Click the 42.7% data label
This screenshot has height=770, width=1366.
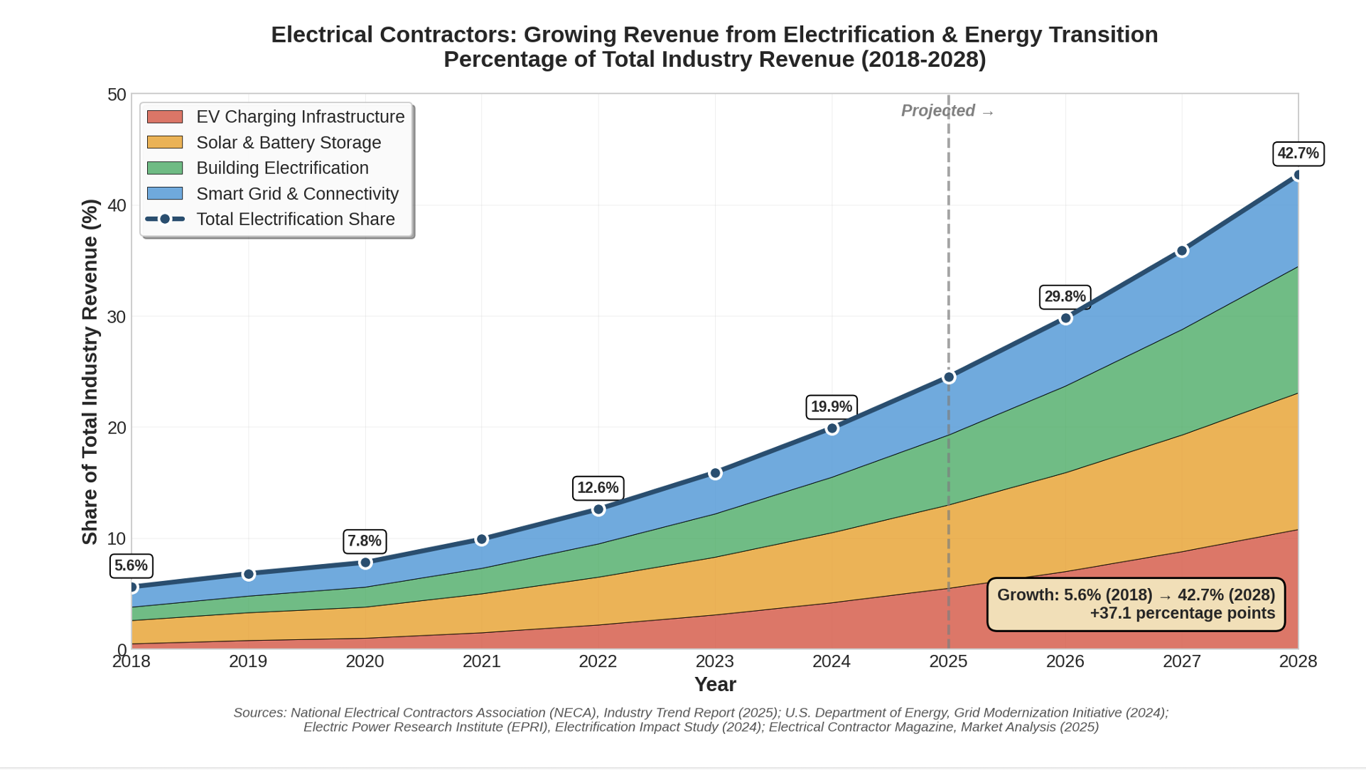point(1297,153)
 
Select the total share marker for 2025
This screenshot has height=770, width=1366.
point(948,377)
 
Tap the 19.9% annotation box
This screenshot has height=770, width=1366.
point(831,407)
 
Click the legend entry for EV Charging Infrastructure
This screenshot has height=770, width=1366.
point(300,116)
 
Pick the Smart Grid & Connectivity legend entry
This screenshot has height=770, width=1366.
point(296,194)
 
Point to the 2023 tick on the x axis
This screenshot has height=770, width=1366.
point(714,661)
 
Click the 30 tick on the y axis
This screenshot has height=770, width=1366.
point(117,317)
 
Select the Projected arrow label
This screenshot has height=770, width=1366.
point(947,111)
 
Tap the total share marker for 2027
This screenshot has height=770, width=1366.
point(1181,251)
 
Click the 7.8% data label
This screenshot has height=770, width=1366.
point(365,541)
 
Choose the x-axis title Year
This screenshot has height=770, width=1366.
point(714,684)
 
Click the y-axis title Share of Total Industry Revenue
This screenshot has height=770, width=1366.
point(90,372)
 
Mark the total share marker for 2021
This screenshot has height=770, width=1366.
point(481,540)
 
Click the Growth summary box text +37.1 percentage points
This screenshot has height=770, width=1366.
point(1182,614)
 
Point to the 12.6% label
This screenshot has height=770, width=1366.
point(598,488)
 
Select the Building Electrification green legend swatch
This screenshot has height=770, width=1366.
point(165,168)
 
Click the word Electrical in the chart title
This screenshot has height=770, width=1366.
point(321,35)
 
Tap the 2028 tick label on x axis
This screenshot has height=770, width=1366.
point(1297,661)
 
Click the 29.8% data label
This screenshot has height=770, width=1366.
point(1064,297)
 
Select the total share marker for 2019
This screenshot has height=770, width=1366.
point(248,574)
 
